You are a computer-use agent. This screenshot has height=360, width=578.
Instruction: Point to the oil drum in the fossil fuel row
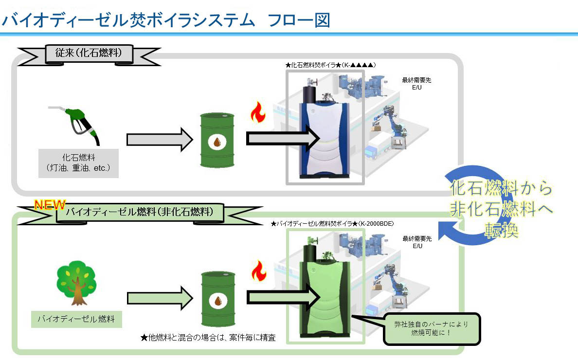coord(217,141)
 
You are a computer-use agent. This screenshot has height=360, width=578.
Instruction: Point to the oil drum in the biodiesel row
coord(217,298)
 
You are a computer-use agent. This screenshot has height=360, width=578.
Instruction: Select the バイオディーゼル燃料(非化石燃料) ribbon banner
coord(139,212)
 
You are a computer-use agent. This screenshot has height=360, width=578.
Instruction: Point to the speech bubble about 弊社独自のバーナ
coord(432,328)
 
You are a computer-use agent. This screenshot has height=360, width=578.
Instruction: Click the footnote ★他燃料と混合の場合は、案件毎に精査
coord(208,337)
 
